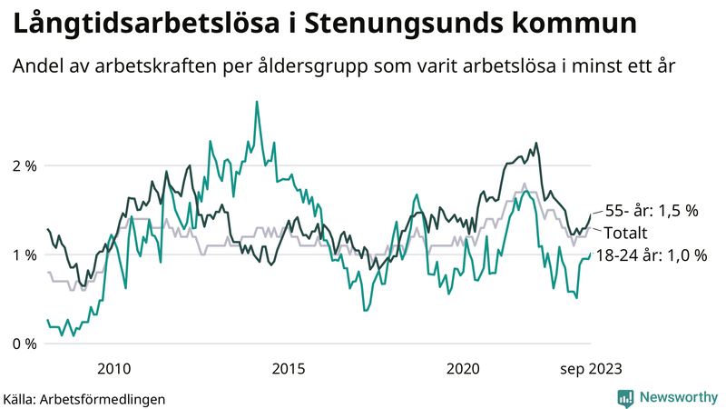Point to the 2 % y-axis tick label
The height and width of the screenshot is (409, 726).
[x=25, y=165]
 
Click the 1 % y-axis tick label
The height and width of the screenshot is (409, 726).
[x=25, y=254]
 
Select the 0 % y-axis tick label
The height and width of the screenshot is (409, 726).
[x=25, y=344]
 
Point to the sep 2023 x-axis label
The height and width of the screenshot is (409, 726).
[x=591, y=368]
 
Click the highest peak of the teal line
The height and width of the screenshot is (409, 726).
[x=257, y=102]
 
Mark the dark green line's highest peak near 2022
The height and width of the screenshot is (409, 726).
[x=536, y=143]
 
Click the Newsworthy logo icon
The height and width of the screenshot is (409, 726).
[x=625, y=397]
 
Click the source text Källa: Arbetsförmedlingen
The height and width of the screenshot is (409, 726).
[x=84, y=398]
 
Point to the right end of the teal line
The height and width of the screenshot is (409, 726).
[x=590, y=254]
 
